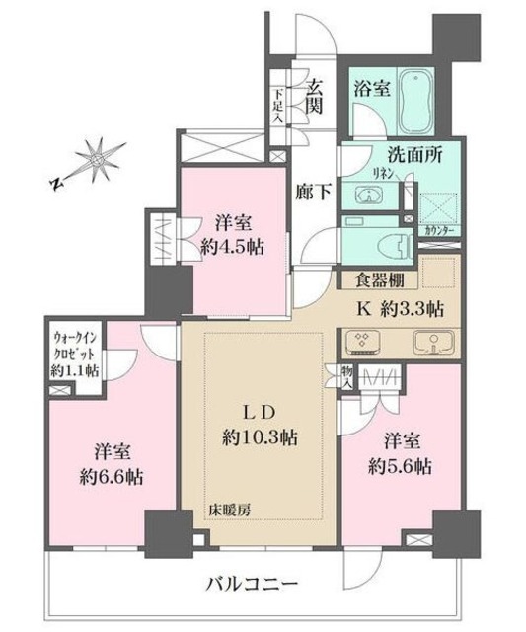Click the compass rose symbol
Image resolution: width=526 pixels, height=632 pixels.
96,160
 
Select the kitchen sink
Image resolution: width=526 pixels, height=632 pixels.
429,344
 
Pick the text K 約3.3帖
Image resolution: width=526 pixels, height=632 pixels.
400,307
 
